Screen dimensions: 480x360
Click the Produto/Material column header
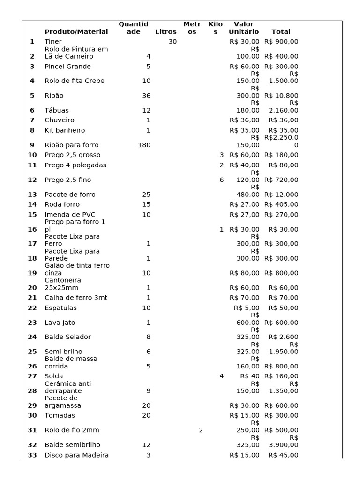pyautogui.click(x=76, y=32)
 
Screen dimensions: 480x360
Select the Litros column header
pyautogui.click(x=165, y=32)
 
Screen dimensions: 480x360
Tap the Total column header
pyautogui.click(x=281, y=32)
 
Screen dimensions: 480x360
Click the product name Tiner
pyautogui.click(x=53, y=42)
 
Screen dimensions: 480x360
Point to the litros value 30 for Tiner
pyautogui.click(x=172, y=42)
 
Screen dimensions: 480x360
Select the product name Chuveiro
pyautogui.click(x=59, y=120)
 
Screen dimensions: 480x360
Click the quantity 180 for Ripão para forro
pyautogui.click(x=144, y=145)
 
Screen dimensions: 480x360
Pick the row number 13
pyautogui.click(x=32, y=195)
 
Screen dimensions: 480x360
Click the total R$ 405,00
pyautogui.click(x=281, y=204)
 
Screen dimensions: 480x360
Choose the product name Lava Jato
pyautogui.click(x=60, y=322)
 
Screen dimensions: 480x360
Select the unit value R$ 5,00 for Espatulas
pyautogui.click(x=247, y=308)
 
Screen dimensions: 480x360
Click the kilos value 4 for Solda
pyautogui.click(x=222, y=376)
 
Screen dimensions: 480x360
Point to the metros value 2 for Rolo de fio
pyautogui.click(x=201, y=430)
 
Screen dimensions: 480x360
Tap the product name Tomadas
pyautogui.click(x=60, y=415)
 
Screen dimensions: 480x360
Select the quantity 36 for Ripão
pyautogui.click(x=146, y=96)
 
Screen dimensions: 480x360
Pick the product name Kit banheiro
pyautogui.click(x=65, y=130)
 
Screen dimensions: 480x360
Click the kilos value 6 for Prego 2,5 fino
pyautogui.click(x=222, y=180)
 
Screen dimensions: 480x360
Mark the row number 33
pyautogui.click(x=32, y=455)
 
